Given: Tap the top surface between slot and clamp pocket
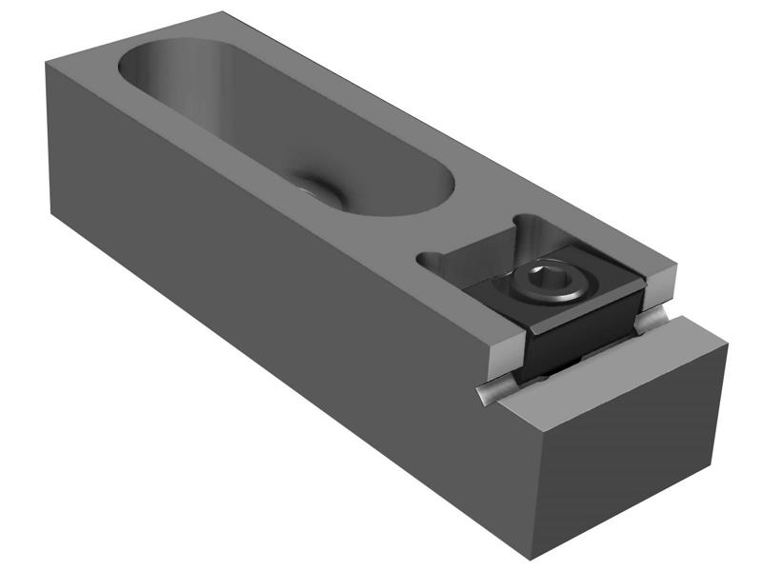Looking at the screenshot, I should click(x=457, y=228).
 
